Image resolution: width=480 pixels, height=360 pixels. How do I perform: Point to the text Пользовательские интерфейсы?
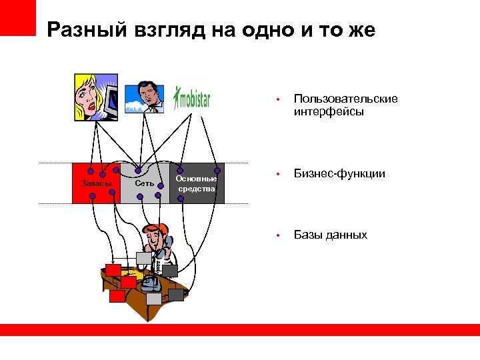345,105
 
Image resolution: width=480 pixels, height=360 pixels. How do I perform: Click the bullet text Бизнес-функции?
339,173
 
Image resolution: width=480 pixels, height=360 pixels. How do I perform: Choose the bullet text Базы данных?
331,235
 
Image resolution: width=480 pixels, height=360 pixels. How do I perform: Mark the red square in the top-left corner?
18,17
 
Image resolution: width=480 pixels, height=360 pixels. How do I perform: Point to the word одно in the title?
263,31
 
